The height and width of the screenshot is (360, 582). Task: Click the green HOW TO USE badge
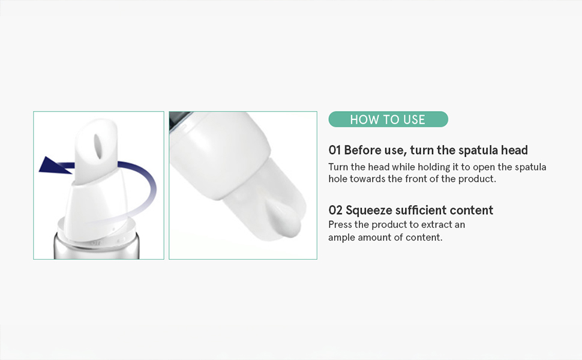(x=388, y=119)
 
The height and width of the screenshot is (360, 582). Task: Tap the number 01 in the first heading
(x=334, y=151)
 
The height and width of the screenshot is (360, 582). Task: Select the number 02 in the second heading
(x=335, y=211)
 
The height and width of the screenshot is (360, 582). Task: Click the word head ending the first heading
(x=514, y=151)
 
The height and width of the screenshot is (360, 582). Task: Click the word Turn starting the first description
(x=338, y=167)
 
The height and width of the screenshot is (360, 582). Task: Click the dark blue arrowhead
(x=54, y=165)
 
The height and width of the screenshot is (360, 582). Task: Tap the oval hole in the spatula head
(x=98, y=146)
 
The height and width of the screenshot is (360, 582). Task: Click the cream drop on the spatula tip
(x=284, y=220)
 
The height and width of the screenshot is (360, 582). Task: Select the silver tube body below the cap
(x=97, y=248)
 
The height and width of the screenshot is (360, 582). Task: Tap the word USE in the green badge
(x=414, y=119)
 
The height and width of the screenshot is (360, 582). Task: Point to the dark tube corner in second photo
(x=179, y=119)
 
